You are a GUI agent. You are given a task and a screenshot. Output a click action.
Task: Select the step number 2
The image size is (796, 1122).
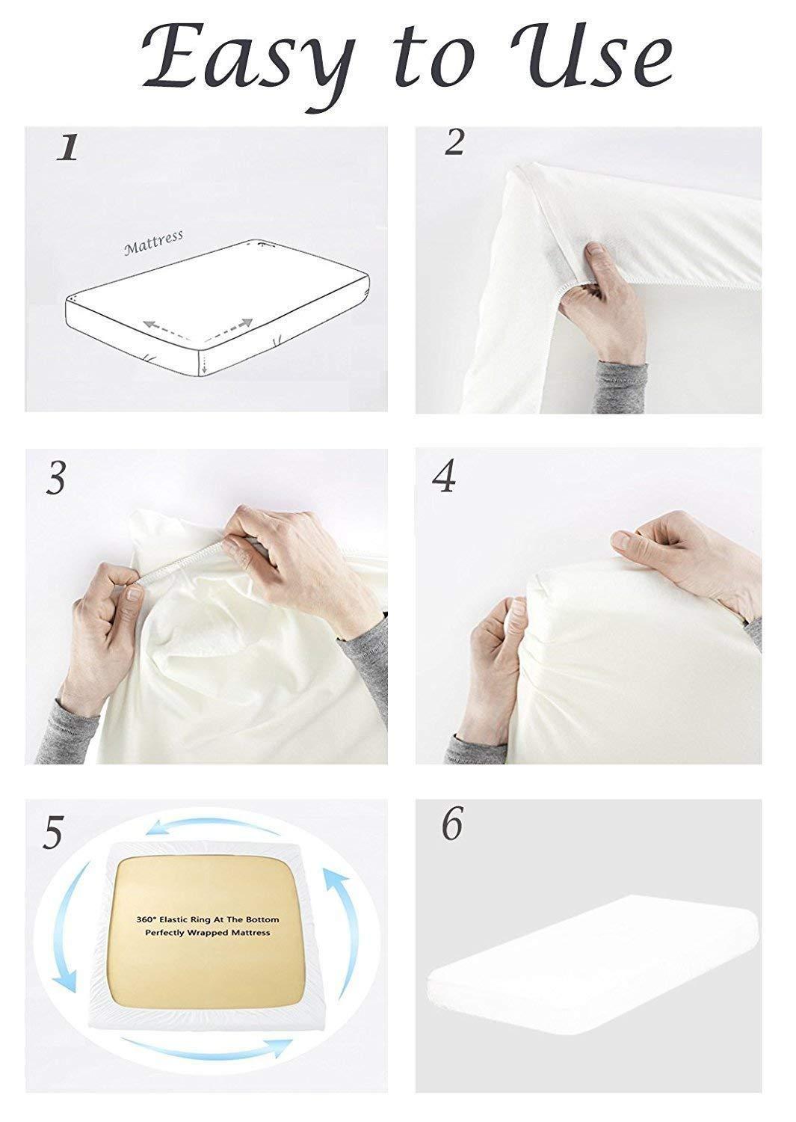pos(454,142)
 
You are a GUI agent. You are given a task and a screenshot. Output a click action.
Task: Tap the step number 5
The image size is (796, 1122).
pos(51,833)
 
